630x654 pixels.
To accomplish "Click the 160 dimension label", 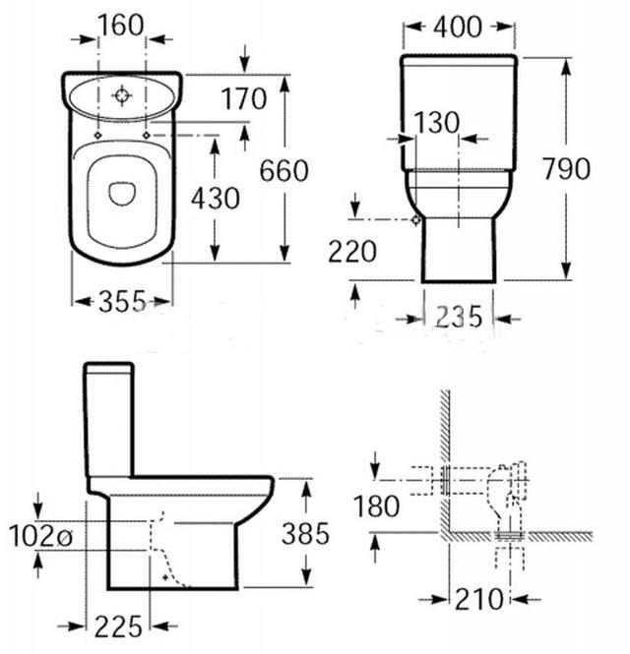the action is (121, 25).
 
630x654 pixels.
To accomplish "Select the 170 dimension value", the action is (243, 98).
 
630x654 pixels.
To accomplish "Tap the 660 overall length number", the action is (283, 170).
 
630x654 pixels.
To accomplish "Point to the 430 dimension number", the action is (216, 198).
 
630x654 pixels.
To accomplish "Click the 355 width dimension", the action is (123, 301).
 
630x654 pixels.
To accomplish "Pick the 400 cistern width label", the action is (458, 28).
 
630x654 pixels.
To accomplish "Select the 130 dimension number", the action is (437, 123).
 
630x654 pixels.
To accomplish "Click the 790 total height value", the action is (567, 168).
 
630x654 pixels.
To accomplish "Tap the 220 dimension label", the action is (352, 252).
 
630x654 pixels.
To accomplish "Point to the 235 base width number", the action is (459, 317).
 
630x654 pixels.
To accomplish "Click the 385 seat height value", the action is (305, 533).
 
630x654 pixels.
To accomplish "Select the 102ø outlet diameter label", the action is (41, 536).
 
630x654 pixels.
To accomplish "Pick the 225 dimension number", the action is (118, 626).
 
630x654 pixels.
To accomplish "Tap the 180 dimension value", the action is (376, 506).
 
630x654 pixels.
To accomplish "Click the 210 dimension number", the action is (479, 599).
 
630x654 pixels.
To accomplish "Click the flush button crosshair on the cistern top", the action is (121, 95).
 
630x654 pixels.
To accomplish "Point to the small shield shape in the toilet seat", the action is (122, 194).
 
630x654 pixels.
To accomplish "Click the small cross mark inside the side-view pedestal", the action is (165, 577).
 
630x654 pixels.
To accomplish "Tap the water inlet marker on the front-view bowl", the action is (415, 220).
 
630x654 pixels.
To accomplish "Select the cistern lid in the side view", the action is (109, 368).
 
